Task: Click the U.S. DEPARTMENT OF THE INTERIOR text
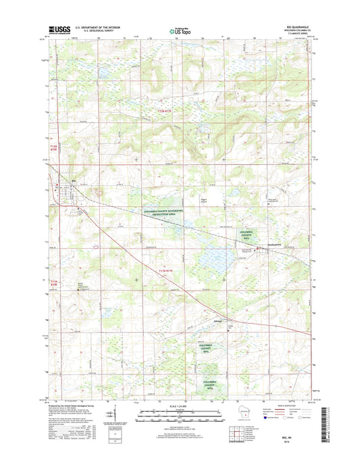click(105, 27)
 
